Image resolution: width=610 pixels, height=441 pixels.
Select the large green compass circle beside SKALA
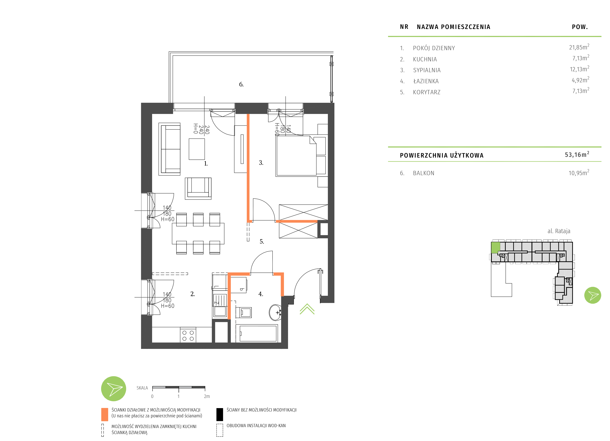pos(114,389)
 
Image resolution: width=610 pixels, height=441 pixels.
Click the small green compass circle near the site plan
pos(593,295)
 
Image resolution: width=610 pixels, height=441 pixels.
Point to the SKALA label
pos(142,388)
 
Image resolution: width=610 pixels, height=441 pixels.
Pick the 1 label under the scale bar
pos(178,396)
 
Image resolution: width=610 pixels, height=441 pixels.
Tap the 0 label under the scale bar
pos(152,396)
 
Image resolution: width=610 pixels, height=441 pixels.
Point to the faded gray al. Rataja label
pos(559,231)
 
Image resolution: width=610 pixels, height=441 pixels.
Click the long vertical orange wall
pos(248,167)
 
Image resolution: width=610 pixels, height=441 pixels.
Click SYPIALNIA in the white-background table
pos(427,70)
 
